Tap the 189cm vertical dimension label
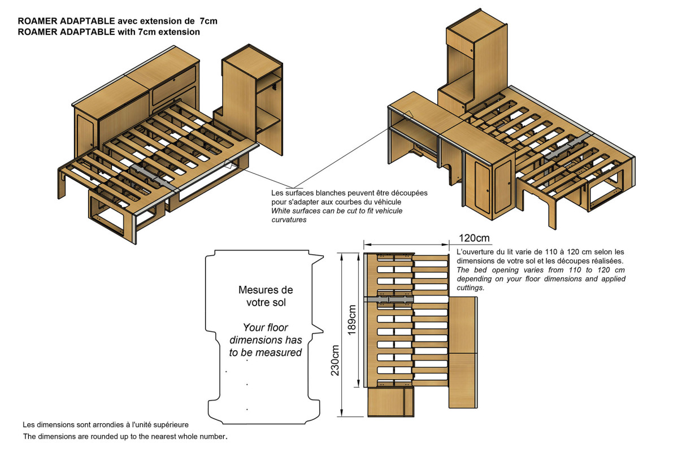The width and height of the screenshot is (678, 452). [352, 320]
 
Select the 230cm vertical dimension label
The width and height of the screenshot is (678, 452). [335, 360]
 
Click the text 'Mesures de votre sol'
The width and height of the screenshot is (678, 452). [266, 296]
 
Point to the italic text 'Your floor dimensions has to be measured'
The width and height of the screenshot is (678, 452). [266, 340]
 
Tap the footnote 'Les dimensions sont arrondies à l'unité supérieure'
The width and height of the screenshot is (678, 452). [105, 424]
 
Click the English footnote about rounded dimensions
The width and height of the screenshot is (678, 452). [125, 437]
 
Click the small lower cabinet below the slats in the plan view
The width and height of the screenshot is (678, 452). [388, 402]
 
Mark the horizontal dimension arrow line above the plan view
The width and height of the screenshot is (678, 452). [406, 245]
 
